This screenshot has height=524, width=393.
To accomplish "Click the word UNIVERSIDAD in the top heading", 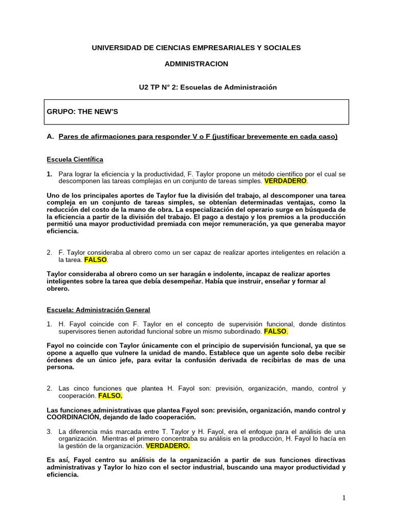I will (115, 48).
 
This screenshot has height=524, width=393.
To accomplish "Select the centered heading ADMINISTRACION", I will (196, 64).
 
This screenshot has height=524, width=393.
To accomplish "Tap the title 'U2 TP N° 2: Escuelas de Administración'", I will (208, 88).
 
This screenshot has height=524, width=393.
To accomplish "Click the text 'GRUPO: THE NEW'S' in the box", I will (82, 112).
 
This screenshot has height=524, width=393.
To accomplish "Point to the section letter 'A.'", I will (50, 137).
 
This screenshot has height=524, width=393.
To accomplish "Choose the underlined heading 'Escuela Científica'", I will (75, 160).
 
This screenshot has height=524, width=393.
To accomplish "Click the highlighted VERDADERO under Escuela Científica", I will (285, 181).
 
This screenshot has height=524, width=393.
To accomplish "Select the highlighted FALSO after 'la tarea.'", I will (96, 259).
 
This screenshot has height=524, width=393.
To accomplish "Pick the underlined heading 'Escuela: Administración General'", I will (98, 310).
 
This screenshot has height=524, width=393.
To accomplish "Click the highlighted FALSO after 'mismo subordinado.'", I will (275, 331).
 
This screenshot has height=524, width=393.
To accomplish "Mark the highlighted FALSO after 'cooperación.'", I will (110, 396).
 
